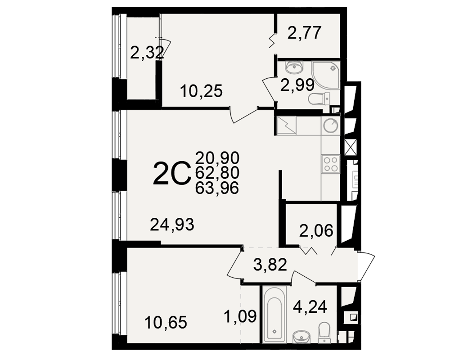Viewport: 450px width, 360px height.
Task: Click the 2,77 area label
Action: point(304,33)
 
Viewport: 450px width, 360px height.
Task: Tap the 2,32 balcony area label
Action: point(147,53)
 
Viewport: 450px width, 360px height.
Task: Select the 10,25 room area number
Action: point(202,92)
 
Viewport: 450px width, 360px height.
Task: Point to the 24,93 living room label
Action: point(172,225)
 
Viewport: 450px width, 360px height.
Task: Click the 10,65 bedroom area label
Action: point(166,322)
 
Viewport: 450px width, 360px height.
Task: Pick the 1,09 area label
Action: point(240,316)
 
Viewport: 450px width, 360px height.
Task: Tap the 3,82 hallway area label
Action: point(270,265)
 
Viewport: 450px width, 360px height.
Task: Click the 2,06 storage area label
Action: point(316,230)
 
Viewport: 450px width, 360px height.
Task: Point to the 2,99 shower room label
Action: point(297,85)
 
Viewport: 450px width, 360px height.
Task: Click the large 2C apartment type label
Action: point(172,173)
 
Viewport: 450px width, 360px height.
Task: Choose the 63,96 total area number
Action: point(217,189)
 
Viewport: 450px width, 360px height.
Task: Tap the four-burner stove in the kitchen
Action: point(331,164)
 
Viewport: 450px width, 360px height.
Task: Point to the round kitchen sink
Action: point(331,126)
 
